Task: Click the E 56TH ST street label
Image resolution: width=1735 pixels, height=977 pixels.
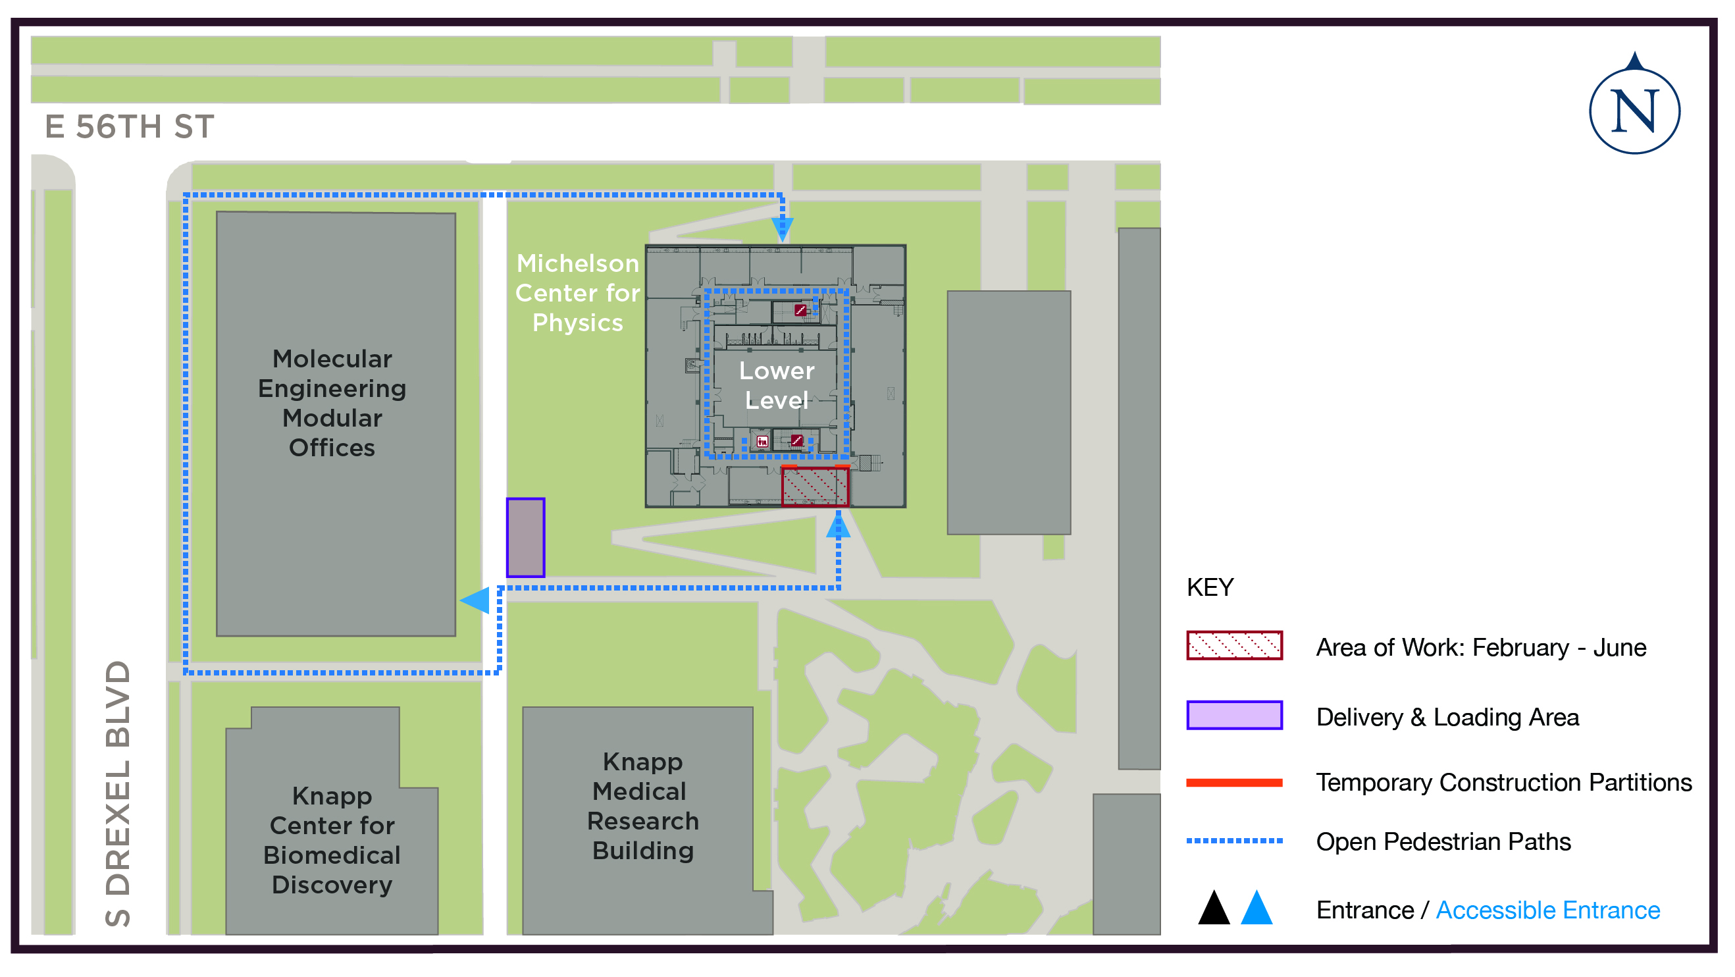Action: (x=129, y=126)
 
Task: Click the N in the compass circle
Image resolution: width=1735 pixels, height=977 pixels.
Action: (x=1634, y=112)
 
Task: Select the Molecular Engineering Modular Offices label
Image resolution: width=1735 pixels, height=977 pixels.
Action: (x=332, y=403)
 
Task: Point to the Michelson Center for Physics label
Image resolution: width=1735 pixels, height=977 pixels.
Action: (x=577, y=293)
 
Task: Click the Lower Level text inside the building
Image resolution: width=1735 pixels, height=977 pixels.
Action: (x=777, y=385)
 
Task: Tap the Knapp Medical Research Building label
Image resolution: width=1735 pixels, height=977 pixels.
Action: (x=642, y=806)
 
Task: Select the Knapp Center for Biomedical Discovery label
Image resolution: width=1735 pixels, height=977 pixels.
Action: (x=332, y=840)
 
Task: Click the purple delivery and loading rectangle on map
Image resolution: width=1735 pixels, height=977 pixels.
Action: (x=525, y=538)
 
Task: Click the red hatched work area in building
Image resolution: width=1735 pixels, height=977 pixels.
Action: (x=814, y=487)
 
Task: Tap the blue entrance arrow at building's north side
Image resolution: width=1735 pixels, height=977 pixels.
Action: (x=782, y=229)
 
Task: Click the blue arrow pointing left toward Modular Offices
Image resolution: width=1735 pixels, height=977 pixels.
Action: (x=475, y=600)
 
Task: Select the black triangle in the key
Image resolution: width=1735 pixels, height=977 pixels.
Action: (x=1214, y=909)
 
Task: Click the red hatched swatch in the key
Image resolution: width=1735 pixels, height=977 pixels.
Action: (x=1234, y=645)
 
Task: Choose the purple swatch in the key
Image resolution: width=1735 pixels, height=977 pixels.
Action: (x=1234, y=716)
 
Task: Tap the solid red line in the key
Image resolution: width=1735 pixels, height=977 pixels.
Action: (x=1234, y=782)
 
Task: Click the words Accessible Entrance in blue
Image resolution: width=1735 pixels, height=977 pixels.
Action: (x=1548, y=911)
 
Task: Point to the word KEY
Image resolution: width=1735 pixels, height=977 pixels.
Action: (x=1210, y=587)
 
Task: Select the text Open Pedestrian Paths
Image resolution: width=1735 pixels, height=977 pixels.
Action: (x=1443, y=841)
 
